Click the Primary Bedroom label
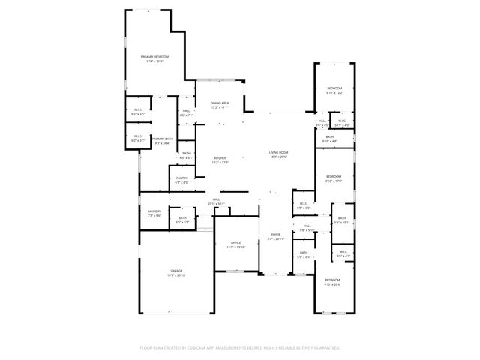155,57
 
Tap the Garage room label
176,271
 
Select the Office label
235,243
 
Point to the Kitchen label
220,157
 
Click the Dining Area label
220,103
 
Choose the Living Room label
279,153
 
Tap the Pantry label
181,178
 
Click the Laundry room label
154,211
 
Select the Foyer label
276,235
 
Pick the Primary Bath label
163,139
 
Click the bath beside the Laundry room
182,218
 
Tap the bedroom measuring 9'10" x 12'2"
334,88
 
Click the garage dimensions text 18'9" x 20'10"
176,275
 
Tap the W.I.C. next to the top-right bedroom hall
341,121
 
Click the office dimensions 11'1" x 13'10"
235,247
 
